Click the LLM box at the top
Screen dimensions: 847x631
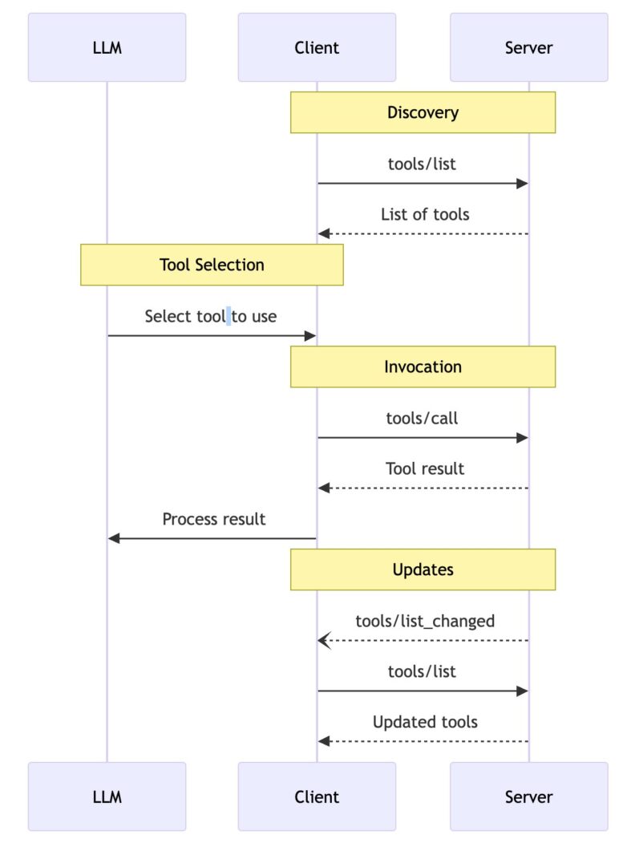pos(107,47)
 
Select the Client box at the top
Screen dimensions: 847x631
pos(317,47)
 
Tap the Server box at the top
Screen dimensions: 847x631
pos(528,47)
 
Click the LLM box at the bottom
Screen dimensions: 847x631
pos(107,796)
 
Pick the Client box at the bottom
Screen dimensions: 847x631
pos(317,796)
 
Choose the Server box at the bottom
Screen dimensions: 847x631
pos(528,796)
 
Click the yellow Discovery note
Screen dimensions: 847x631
pos(423,112)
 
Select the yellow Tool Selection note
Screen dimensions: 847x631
pos(212,265)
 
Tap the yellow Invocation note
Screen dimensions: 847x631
pos(423,367)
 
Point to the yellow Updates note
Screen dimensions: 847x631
pos(423,569)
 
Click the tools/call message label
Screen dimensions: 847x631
pos(423,418)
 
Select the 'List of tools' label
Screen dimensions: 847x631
pos(425,214)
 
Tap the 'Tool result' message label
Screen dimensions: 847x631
pos(425,468)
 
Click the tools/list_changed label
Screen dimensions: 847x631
pos(425,621)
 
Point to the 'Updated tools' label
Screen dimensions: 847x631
pos(425,722)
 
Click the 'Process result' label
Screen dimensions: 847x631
pos(213,519)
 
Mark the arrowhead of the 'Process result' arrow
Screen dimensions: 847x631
pos(114,538)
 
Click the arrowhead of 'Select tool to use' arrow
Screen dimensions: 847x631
pos(310,335)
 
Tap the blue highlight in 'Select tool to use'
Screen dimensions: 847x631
pos(229,316)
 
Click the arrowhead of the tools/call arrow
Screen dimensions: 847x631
pos(522,437)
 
